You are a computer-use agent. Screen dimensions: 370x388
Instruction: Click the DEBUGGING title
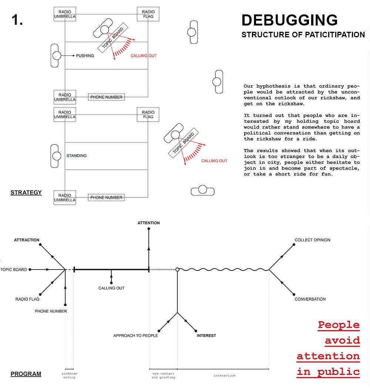289,20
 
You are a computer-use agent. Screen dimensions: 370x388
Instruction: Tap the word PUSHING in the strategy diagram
85,56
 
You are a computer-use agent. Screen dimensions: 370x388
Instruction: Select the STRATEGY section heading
26,193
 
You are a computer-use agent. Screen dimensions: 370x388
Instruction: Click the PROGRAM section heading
26,374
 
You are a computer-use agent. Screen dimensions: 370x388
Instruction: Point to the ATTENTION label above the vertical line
149,223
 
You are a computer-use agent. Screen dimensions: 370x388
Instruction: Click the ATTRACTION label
27,240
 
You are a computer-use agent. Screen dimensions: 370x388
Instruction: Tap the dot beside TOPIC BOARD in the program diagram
30,269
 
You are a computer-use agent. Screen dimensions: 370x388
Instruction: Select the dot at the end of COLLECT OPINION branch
294,245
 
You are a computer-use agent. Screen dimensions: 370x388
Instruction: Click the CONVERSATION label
310,299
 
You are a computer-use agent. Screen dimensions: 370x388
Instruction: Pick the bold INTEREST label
206,336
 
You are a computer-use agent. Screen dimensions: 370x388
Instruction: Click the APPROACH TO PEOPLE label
135,336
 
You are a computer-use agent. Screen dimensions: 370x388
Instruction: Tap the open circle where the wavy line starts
178,269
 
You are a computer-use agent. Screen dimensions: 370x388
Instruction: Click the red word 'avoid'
342,341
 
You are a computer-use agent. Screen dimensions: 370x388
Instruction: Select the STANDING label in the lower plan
77,156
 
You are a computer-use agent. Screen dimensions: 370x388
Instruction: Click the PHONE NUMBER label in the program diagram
51,311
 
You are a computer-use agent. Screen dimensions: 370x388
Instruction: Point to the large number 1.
17,20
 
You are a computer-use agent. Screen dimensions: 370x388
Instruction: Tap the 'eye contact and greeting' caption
163,375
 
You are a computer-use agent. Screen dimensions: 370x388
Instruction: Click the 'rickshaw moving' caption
70,375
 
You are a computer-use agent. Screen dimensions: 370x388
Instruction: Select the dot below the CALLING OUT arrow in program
111,283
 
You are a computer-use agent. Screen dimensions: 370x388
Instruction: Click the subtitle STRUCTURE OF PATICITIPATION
303,35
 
